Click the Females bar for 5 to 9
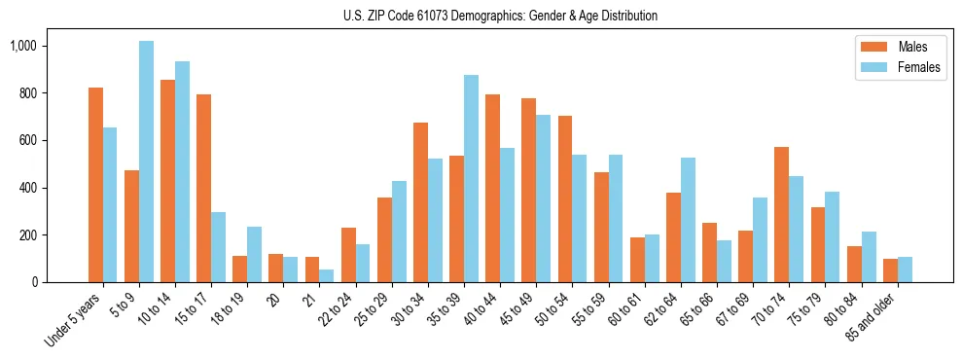pyautogui.click(x=146, y=162)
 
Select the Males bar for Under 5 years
pyautogui.click(x=95, y=185)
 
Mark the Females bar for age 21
pyautogui.click(x=327, y=275)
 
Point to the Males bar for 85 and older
pyautogui.click(x=889, y=270)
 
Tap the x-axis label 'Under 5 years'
pyautogui.click(x=72, y=321)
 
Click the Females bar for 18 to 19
pyautogui.click(x=254, y=254)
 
